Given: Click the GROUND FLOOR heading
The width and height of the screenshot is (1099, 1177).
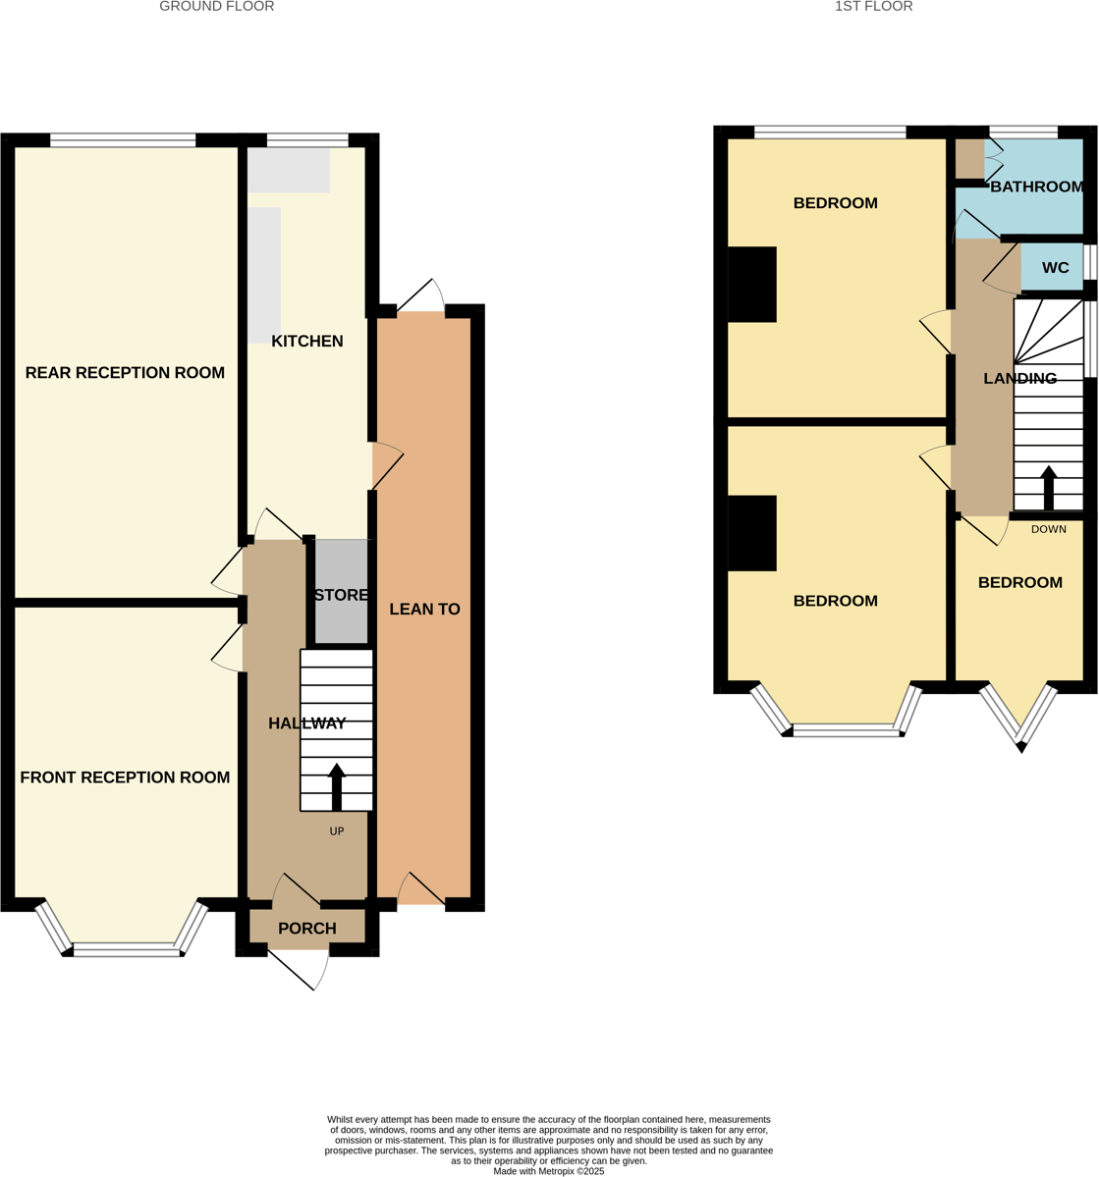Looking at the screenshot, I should click(x=216, y=7).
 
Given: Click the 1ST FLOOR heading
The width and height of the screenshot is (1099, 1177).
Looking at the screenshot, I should click(x=873, y=7).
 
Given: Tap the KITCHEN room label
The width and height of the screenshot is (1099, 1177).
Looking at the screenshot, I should click(x=307, y=342).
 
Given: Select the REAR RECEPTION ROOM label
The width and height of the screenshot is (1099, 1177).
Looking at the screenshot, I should click(x=125, y=373).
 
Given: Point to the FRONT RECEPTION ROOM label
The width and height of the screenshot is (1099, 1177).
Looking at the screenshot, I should click(x=125, y=777).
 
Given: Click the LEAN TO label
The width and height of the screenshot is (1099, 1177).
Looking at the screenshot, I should click(x=424, y=610).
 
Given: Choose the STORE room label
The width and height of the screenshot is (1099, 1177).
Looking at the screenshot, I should click(x=341, y=595).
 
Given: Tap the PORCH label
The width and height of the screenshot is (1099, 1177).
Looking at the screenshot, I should click(x=306, y=929).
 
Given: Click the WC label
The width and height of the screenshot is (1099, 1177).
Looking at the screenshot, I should click(x=1055, y=268).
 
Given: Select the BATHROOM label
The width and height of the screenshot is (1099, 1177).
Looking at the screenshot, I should click(x=1036, y=187).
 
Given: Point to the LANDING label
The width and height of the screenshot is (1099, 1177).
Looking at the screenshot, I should click(x=1019, y=379).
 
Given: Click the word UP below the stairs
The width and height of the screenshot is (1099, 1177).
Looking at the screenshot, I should click(x=337, y=831).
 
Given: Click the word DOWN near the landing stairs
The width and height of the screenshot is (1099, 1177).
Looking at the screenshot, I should click(x=1048, y=529).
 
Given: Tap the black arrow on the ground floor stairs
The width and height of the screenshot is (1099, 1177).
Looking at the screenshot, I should click(x=337, y=787).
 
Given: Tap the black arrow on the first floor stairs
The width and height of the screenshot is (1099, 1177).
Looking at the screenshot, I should click(x=1048, y=488).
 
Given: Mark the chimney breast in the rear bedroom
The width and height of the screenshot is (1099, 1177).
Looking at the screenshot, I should click(x=751, y=284).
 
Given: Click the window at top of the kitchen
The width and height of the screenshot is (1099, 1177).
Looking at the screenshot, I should click(x=307, y=139).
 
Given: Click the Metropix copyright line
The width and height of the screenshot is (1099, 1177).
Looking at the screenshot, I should click(x=548, y=1171).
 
